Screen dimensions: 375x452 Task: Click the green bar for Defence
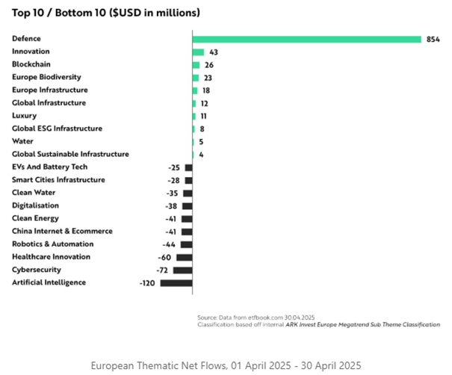tap(306, 39)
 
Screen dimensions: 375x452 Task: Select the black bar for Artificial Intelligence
tap(176, 283)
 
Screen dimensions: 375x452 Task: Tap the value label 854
tap(433, 40)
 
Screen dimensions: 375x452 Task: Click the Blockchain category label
tap(31, 64)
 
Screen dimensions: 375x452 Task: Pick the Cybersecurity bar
tap(184, 270)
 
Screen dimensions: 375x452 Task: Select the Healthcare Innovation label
tap(51, 257)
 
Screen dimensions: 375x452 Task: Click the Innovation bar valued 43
tap(198, 52)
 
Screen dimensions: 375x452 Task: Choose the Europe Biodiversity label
tap(46, 77)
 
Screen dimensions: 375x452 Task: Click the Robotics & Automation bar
tap(187, 244)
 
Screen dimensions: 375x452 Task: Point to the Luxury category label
tap(25, 116)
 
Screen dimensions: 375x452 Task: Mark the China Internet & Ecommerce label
tap(62, 232)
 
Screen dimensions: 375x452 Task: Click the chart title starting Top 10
tap(105, 13)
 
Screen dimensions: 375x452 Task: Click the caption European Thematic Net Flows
tap(226, 365)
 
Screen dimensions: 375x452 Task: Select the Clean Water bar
tap(188, 193)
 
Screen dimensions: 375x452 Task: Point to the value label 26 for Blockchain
tap(208, 65)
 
